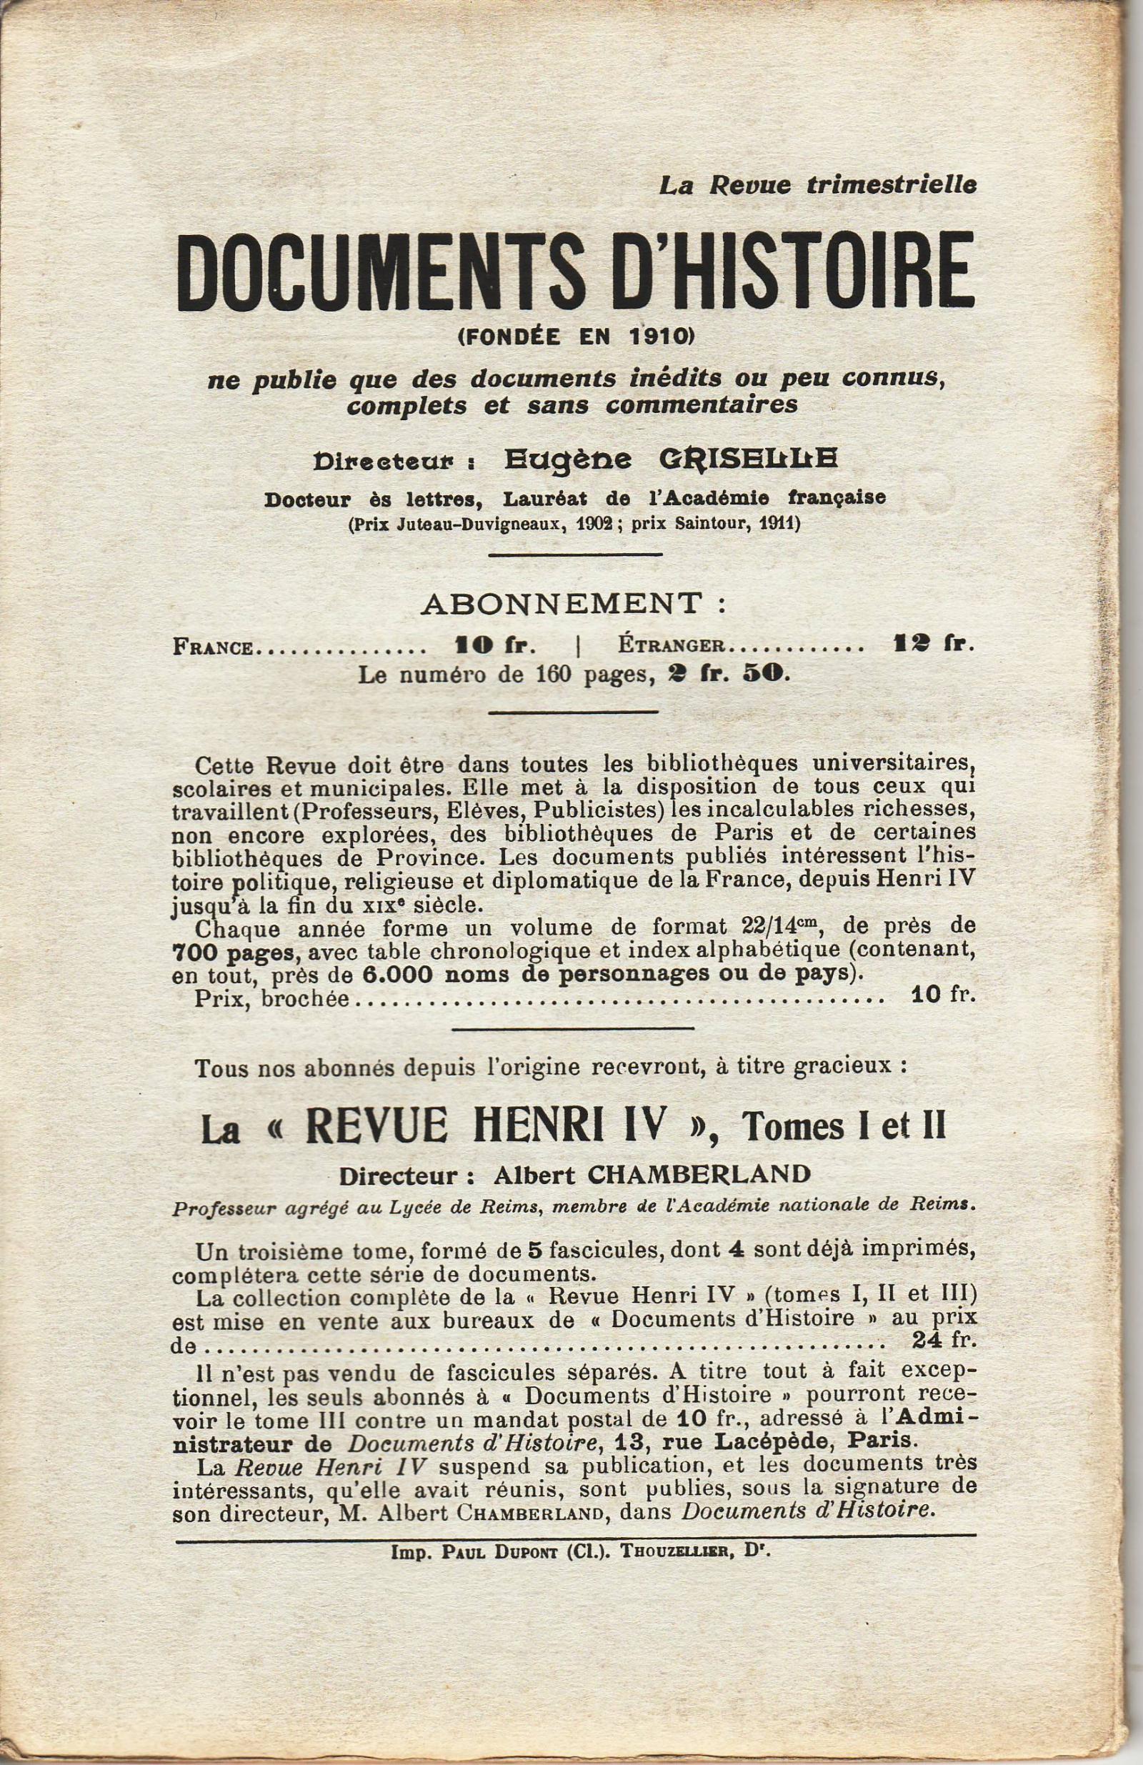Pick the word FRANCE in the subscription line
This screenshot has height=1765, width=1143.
click(213, 647)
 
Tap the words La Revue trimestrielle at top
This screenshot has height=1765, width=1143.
click(817, 186)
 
